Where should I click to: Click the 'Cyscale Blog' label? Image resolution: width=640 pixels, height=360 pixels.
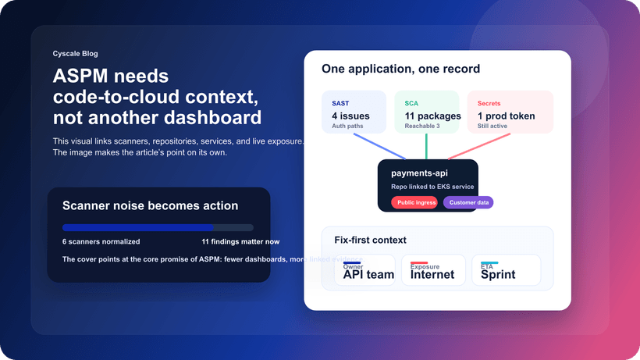[76, 54]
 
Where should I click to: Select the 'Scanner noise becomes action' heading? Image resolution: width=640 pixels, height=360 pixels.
[150, 205]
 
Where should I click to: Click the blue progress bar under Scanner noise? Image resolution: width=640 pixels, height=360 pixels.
[138, 228]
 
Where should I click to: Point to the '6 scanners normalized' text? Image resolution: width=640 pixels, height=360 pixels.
[101, 242]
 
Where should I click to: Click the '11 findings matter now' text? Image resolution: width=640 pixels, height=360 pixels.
[240, 242]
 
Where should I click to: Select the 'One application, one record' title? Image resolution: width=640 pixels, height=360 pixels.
[400, 69]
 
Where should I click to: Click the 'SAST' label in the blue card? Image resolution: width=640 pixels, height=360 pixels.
[340, 103]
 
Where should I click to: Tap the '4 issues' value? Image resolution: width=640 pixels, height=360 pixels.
[350, 116]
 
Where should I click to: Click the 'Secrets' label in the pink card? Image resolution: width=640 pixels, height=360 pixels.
[489, 103]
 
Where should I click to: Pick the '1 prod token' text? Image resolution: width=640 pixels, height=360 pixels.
[506, 116]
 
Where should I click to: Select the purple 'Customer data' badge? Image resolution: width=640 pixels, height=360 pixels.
[468, 202]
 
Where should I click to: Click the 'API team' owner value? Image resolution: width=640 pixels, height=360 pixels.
[368, 274]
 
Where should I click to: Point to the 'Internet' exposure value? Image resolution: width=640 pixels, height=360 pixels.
[432, 274]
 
